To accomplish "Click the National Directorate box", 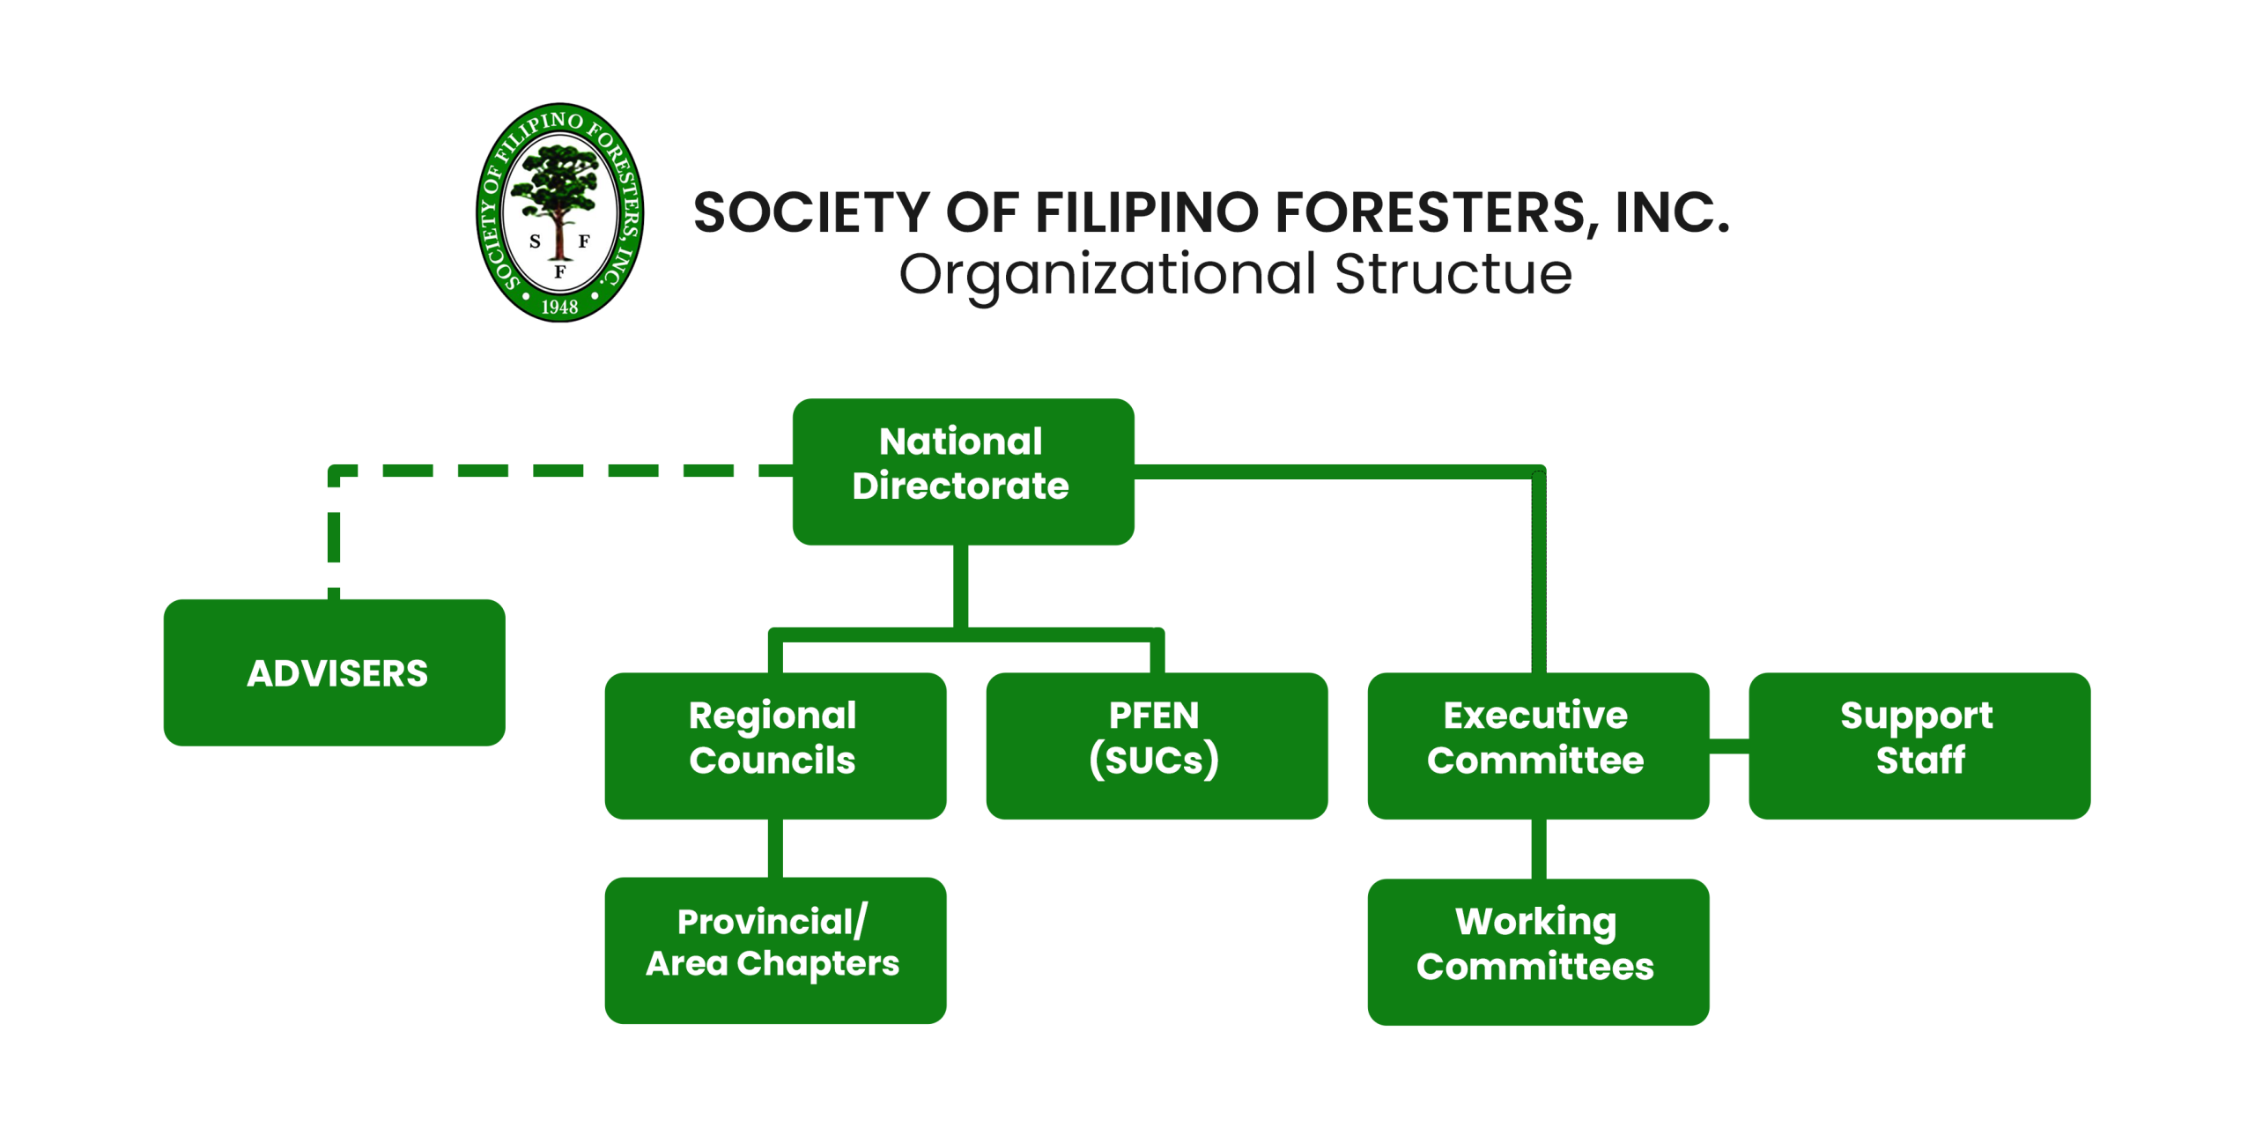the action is (963, 471).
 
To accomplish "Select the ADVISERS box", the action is (335, 672).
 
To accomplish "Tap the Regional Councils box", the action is (775, 746).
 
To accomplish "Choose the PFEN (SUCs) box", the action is (1157, 746).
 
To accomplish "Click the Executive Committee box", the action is (1538, 746).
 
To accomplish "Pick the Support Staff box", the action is (1919, 746).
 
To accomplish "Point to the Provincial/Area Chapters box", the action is (775, 950).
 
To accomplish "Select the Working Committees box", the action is (1538, 952).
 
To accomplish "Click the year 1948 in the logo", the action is (559, 307).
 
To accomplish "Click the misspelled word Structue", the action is (1453, 274).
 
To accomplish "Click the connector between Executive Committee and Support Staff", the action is (1729, 746).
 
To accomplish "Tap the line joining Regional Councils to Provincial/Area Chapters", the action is (775, 848).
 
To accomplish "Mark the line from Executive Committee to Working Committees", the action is (1539, 849).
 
